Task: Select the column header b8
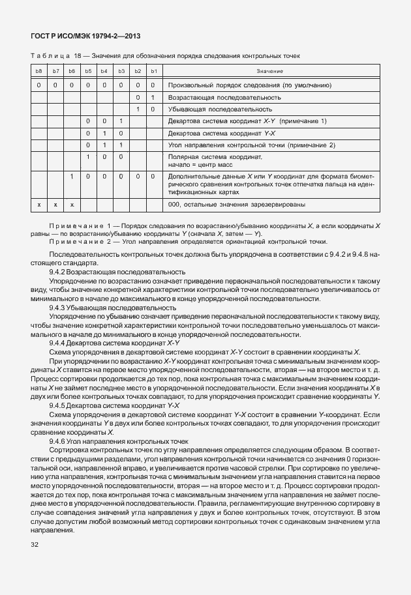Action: pos(38,70)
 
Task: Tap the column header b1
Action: pos(153,70)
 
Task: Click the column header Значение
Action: pos(269,70)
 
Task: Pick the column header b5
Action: pos(88,70)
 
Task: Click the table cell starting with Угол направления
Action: pos(251,145)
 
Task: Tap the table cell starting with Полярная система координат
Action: pos(215,161)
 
